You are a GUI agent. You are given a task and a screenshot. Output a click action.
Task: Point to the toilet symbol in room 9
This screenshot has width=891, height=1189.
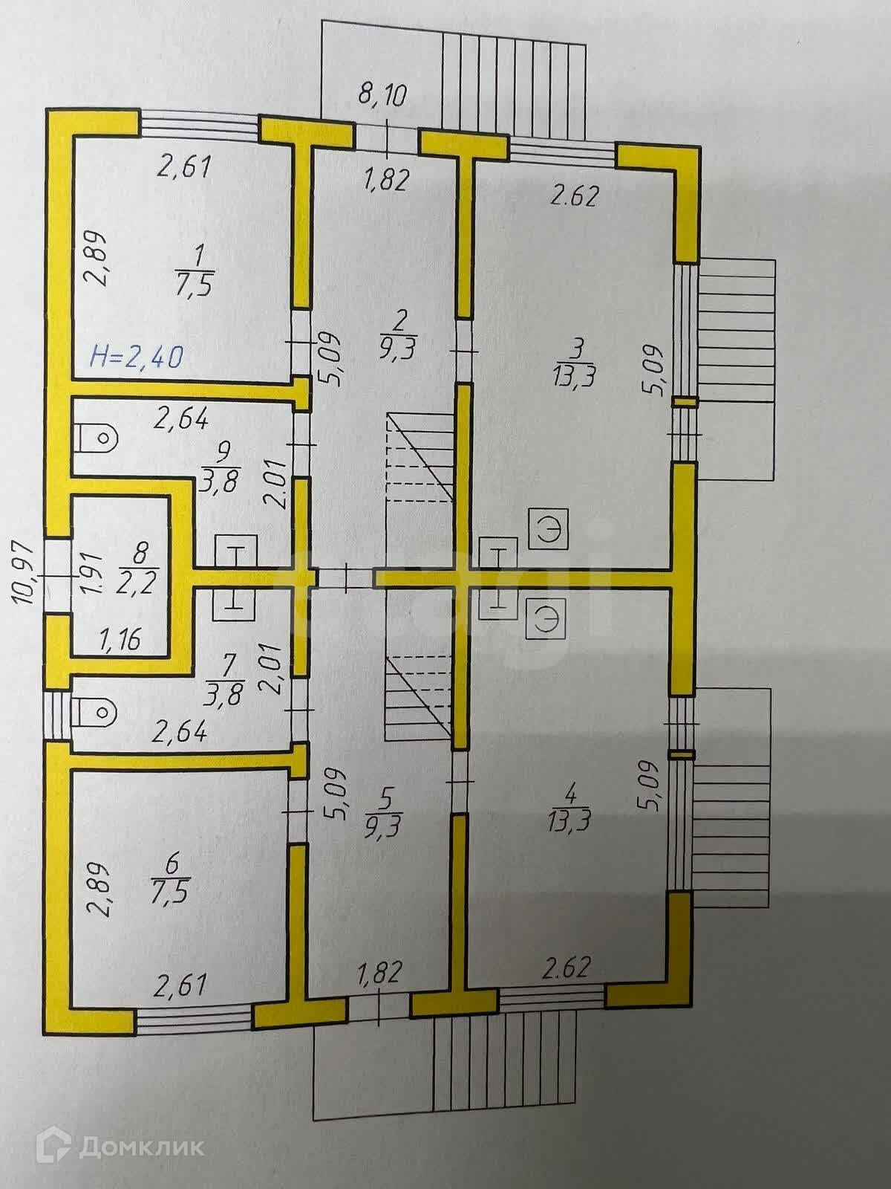96,438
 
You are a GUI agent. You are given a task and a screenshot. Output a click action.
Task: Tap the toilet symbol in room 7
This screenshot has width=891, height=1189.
95,713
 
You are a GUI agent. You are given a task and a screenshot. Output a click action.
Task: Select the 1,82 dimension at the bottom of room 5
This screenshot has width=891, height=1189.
379,973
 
